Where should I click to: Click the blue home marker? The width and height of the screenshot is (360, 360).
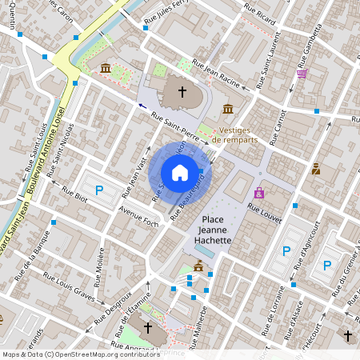click(180, 173)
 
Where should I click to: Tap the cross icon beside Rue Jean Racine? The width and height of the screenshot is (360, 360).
click(182, 92)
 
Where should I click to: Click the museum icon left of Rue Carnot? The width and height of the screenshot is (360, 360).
click(228, 109)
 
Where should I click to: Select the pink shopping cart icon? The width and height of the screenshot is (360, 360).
click(302, 74)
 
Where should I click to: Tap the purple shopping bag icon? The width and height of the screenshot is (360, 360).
click(258, 193)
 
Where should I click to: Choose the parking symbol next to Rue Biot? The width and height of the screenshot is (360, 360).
click(99, 190)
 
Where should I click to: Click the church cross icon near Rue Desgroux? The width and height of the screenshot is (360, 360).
click(146, 326)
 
